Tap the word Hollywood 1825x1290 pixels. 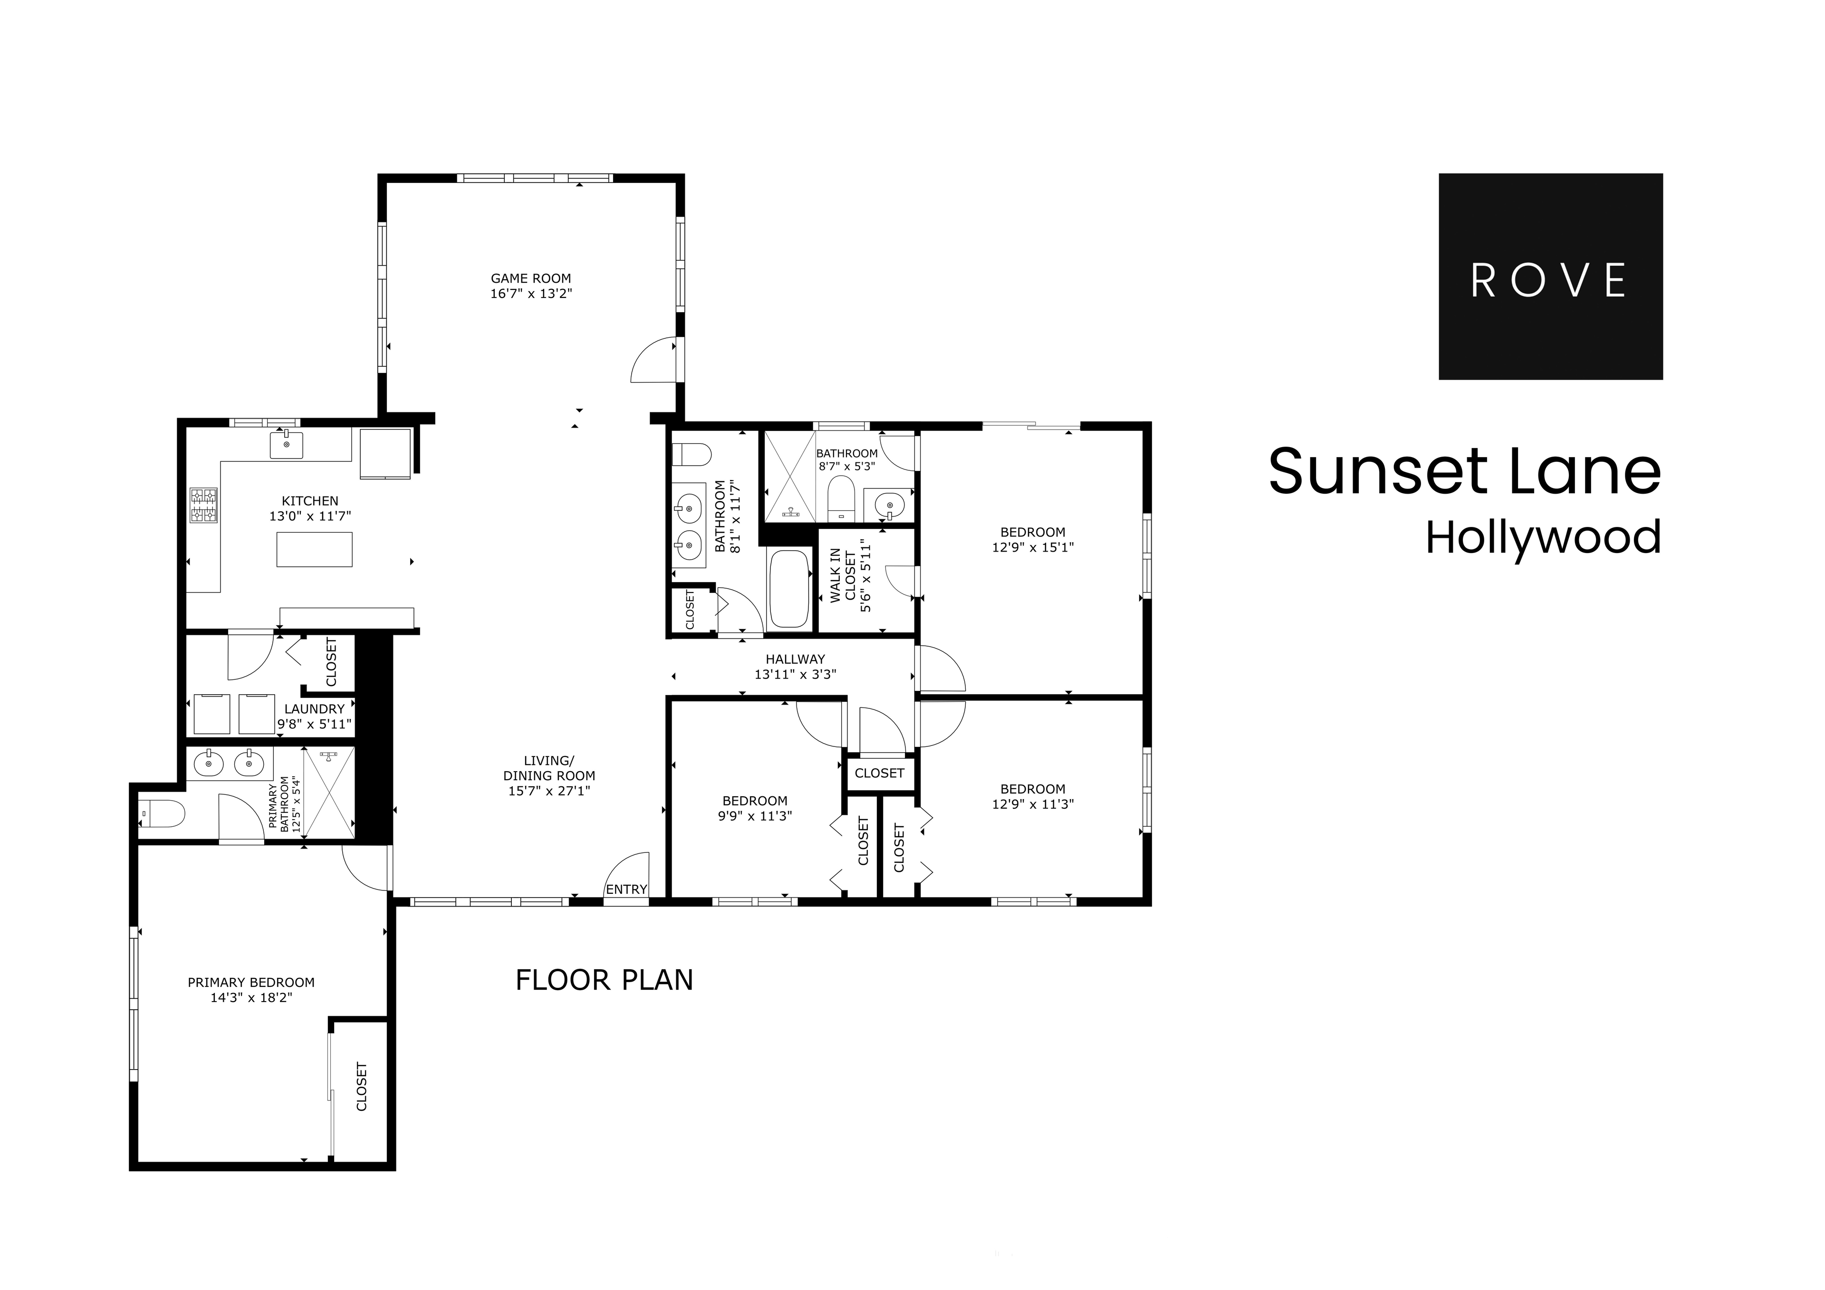click(1543, 538)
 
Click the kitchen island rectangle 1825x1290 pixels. click(314, 550)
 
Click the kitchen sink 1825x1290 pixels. click(286, 445)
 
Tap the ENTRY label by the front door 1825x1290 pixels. click(626, 889)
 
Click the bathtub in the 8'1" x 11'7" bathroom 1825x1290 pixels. click(788, 589)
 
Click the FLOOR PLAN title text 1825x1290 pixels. click(604, 980)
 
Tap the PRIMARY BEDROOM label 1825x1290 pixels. click(251, 983)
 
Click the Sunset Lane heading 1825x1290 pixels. click(1464, 472)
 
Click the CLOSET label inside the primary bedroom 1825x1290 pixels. click(362, 1087)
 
